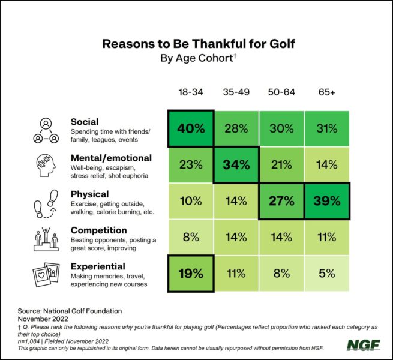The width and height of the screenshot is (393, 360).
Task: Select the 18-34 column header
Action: [190, 93]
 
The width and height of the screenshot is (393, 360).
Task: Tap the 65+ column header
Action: [326, 93]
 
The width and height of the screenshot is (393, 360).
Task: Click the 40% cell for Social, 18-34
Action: [190, 128]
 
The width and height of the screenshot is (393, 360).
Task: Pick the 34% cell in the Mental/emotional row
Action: [236, 164]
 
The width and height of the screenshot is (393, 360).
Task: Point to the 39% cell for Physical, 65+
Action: [326, 201]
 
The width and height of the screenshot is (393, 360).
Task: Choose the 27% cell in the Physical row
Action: [281, 201]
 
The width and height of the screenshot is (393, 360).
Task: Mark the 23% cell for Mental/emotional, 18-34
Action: [190, 164]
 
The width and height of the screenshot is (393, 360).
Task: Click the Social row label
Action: [84, 122]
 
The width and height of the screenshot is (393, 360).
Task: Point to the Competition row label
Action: [98, 230]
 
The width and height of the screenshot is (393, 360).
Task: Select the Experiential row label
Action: [98, 266]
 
